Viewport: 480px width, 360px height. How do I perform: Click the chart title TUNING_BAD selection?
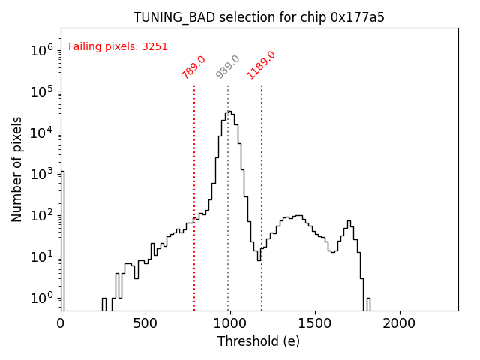coord(259,17)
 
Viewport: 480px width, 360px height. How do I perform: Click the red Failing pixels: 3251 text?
coord(118,46)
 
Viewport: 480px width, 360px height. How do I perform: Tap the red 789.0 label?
coord(193,67)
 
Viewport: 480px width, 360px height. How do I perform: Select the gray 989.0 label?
coord(228,67)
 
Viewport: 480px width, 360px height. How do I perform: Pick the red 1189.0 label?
coord(262,65)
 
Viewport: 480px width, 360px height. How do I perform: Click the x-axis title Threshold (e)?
coord(259,341)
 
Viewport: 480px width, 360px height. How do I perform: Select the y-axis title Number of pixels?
coord(16,169)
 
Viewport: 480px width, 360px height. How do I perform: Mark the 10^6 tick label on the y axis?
coord(40,50)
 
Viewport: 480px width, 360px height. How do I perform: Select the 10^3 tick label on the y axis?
coord(40,174)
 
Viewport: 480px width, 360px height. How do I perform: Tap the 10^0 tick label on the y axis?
coord(40,298)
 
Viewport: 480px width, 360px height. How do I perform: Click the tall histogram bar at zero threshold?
coord(62,240)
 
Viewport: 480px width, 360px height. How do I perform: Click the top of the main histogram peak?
coord(228,112)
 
